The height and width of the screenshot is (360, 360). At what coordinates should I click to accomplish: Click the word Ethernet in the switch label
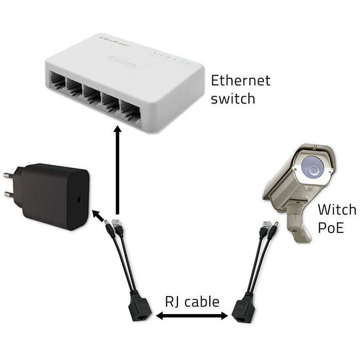pyautogui.click(x=241, y=81)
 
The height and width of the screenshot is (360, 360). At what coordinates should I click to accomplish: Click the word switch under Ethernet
pyautogui.click(x=233, y=98)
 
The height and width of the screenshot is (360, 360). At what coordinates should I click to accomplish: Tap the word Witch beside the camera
pyautogui.click(x=336, y=210)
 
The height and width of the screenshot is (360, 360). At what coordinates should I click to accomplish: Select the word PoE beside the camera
pyautogui.click(x=330, y=227)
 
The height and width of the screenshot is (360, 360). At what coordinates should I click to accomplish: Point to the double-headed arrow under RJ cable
pyautogui.click(x=191, y=316)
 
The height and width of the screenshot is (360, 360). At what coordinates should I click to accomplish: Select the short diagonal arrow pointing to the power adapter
pyautogui.click(x=98, y=214)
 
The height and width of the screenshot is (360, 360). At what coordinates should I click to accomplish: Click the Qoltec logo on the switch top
pyautogui.click(x=112, y=41)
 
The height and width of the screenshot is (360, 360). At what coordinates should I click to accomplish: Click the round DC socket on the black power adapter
pyautogui.click(x=78, y=199)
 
